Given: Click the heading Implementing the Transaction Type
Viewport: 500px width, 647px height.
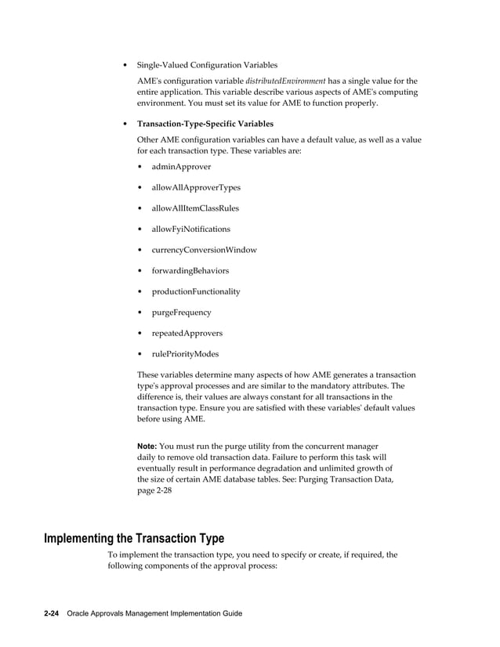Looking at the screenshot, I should click(x=134, y=538).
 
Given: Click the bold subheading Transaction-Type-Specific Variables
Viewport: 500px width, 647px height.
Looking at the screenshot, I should click(x=205, y=124).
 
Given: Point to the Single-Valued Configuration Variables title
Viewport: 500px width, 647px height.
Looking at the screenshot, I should click(x=207, y=65).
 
